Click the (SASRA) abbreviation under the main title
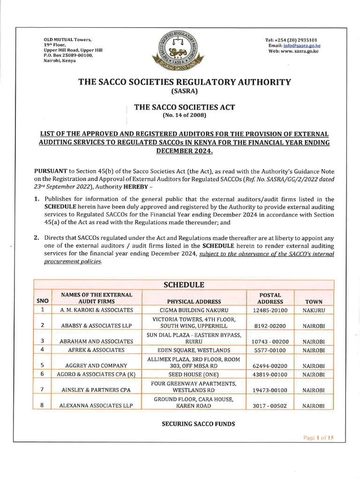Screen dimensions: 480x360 (x=184, y=91)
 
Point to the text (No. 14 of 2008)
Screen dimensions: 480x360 (x=184, y=115)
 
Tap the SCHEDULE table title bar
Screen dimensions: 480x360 (x=183, y=285)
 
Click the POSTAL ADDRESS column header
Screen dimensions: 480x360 (x=270, y=298)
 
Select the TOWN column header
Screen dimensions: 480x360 (x=314, y=301)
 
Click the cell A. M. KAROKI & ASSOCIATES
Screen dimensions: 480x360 (x=97, y=310)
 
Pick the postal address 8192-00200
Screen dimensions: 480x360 (x=270, y=325)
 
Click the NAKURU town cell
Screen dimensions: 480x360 (x=314, y=310)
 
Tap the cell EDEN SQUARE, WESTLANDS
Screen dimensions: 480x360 (x=194, y=350)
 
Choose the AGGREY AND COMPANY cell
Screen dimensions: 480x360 (x=97, y=365)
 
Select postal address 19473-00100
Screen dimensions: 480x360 (x=270, y=390)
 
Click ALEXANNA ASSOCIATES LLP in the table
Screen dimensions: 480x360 (x=97, y=405)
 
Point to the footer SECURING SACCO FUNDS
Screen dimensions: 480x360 (x=184, y=424)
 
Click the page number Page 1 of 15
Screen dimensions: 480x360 (x=318, y=438)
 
